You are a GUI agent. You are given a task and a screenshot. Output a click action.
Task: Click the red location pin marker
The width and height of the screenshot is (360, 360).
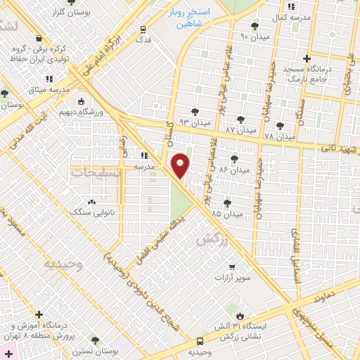[181, 166]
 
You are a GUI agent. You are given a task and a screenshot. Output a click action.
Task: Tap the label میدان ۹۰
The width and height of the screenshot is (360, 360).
[254, 36]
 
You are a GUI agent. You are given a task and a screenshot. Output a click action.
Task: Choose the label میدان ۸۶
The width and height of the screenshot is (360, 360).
[235, 170]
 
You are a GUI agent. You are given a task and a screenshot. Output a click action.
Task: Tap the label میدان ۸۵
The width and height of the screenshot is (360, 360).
[226, 212]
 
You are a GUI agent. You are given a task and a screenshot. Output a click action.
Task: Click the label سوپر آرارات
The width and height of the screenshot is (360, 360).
[232, 278]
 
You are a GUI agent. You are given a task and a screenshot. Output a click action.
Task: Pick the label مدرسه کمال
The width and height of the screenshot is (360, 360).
[289, 15]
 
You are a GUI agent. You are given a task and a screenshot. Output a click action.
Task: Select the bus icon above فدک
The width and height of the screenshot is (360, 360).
[143, 30]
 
